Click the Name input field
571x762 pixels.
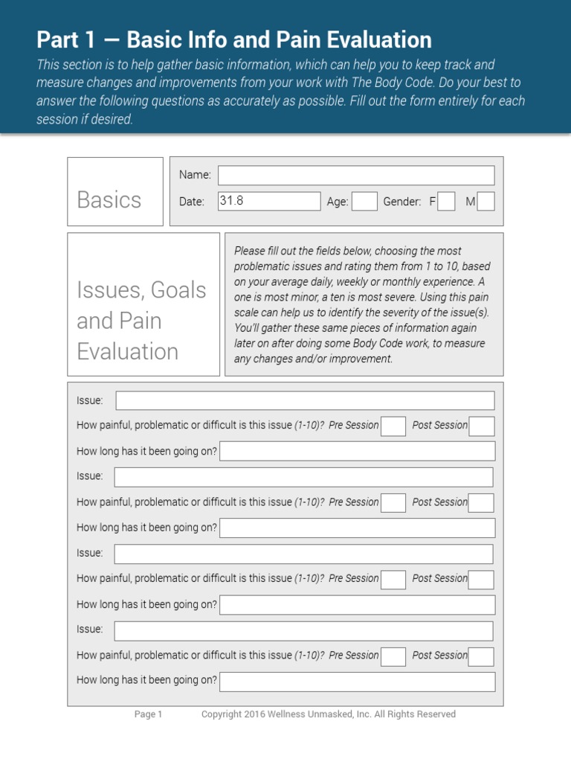click(355, 176)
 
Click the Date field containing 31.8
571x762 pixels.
click(269, 201)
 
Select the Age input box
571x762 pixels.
click(364, 202)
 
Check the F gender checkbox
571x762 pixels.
click(446, 202)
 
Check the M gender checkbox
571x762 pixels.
click(485, 202)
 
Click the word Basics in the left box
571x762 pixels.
click(109, 199)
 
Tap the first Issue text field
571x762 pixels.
click(305, 400)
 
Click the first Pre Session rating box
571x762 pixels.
click(393, 426)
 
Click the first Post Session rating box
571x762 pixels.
click(481, 426)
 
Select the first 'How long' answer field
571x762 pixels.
click(357, 451)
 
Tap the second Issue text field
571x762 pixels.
click(303, 477)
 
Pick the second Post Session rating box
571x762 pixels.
click(481, 503)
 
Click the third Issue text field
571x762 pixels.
click(303, 554)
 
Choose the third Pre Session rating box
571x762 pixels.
click(393, 580)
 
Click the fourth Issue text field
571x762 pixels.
click(303, 631)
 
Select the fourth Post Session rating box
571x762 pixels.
click(481, 656)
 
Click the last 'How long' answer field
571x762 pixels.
click(357, 682)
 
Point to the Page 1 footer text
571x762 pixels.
click(148, 714)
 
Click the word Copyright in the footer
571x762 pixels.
click(222, 714)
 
